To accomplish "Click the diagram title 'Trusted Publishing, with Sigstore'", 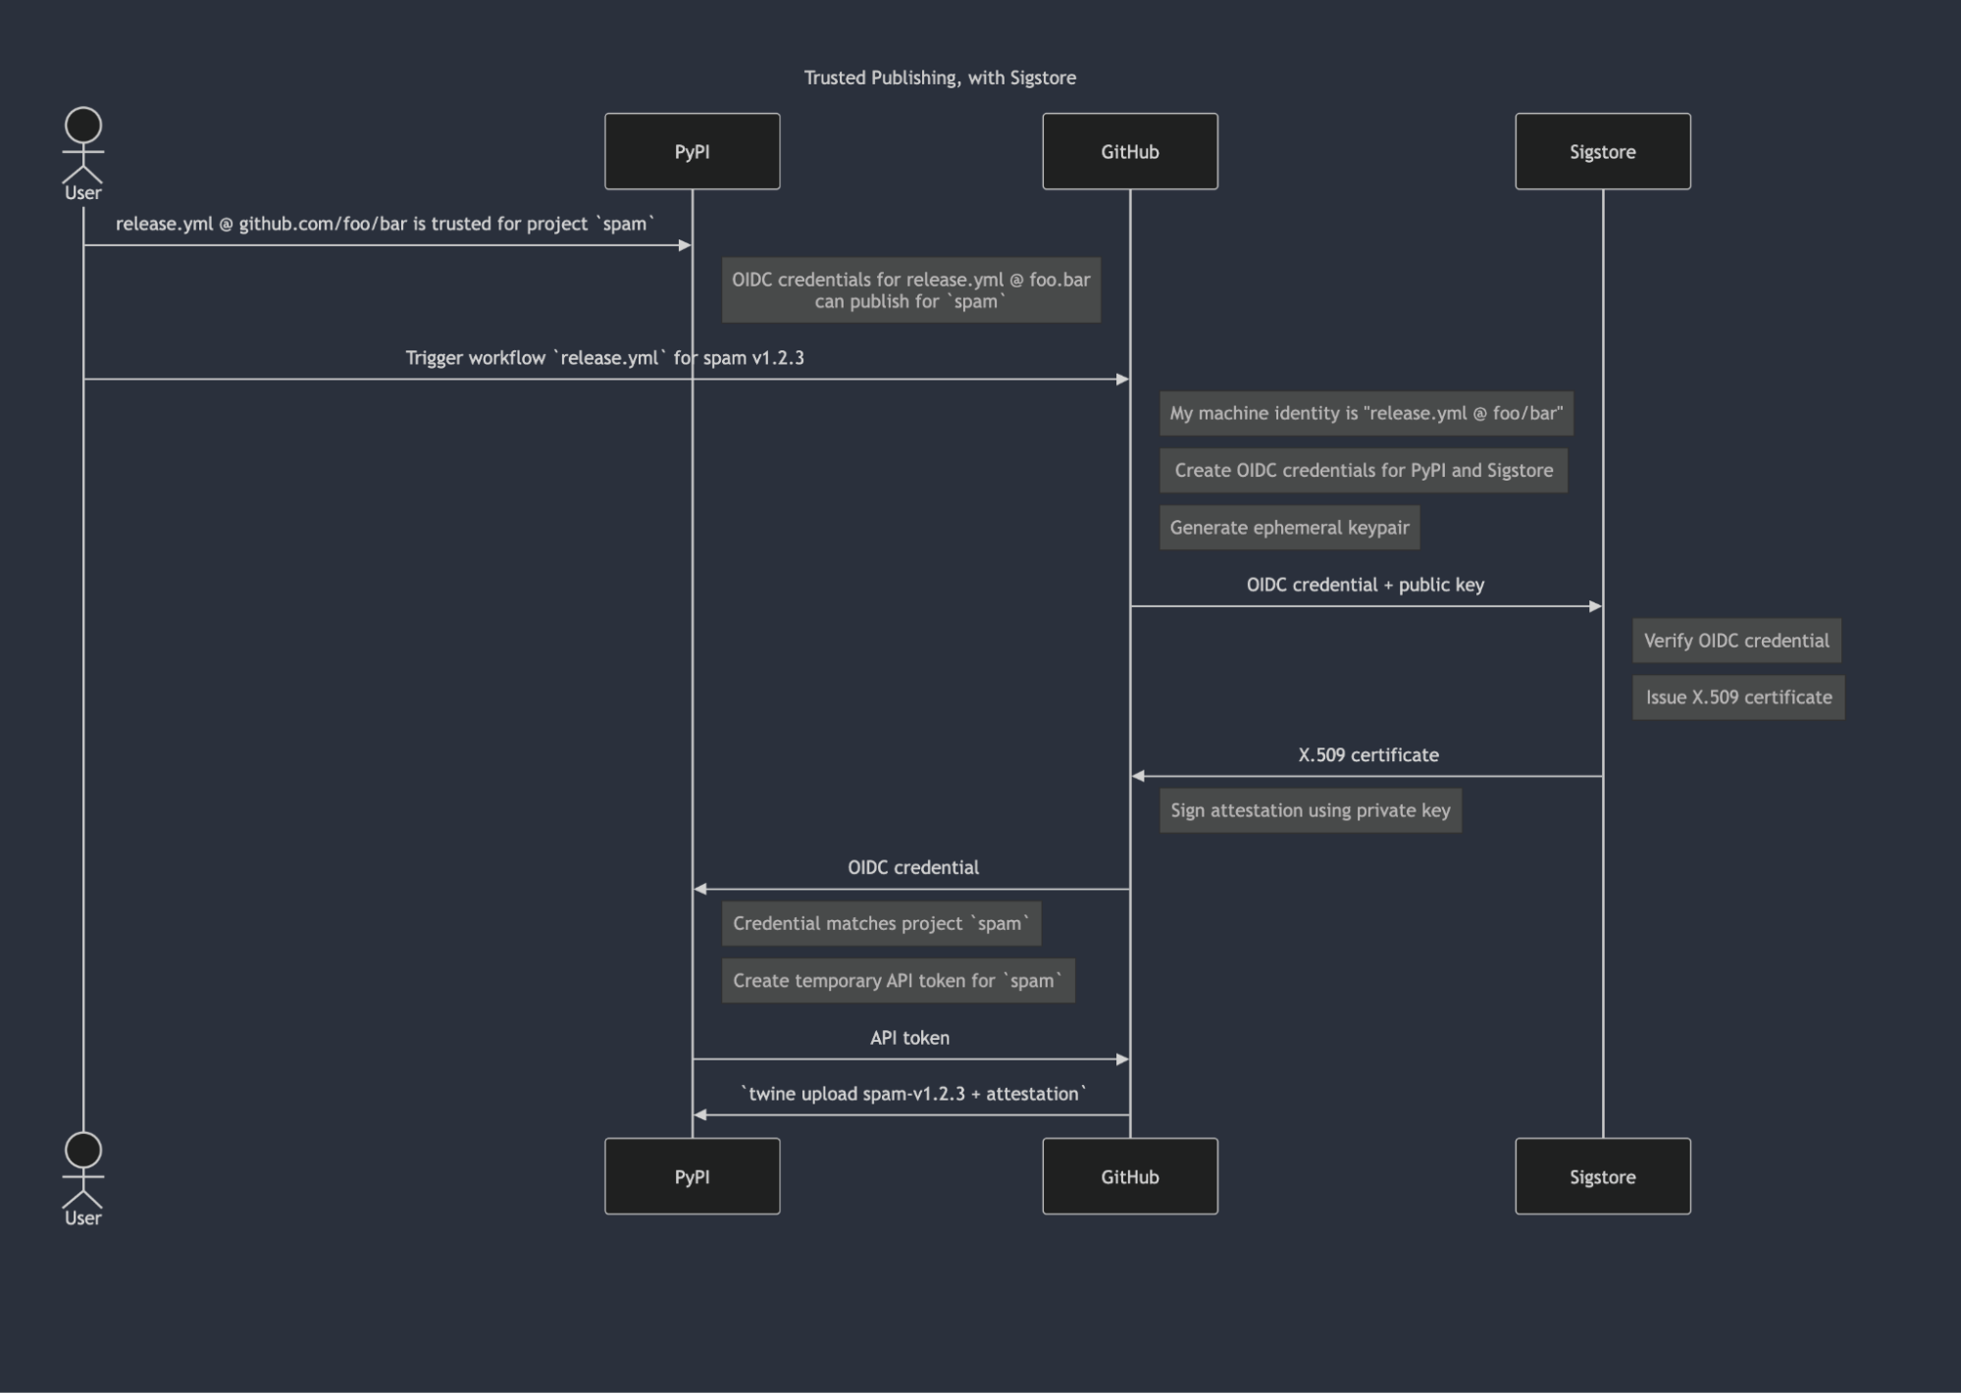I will coord(940,77).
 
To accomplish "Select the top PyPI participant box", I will coord(692,151).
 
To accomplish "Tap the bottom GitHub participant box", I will coord(1129,1176).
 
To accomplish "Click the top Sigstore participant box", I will coord(1602,151).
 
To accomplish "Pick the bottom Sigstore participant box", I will coord(1602,1176).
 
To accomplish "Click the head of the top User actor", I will coord(83,126).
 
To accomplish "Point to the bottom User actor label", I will coord(83,1218).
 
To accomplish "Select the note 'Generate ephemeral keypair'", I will coord(1289,528).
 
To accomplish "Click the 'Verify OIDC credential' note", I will coord(1736,641).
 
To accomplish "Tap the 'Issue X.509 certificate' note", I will coord(1738,697).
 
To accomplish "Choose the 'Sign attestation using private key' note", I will coord(1310,810).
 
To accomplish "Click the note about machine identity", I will coord(1366,413).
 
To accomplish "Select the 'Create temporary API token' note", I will coord(898,980).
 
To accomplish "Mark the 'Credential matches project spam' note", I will coord(881,923).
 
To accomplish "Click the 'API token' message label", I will coord(909,1038).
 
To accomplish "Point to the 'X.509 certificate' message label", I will coord(1368,755).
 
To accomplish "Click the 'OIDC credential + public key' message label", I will coord(1365,585).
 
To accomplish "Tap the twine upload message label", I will coord(913,1094).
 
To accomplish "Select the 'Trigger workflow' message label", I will coord(604,358).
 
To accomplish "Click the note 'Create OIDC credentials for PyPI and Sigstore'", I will coord(1363,470).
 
